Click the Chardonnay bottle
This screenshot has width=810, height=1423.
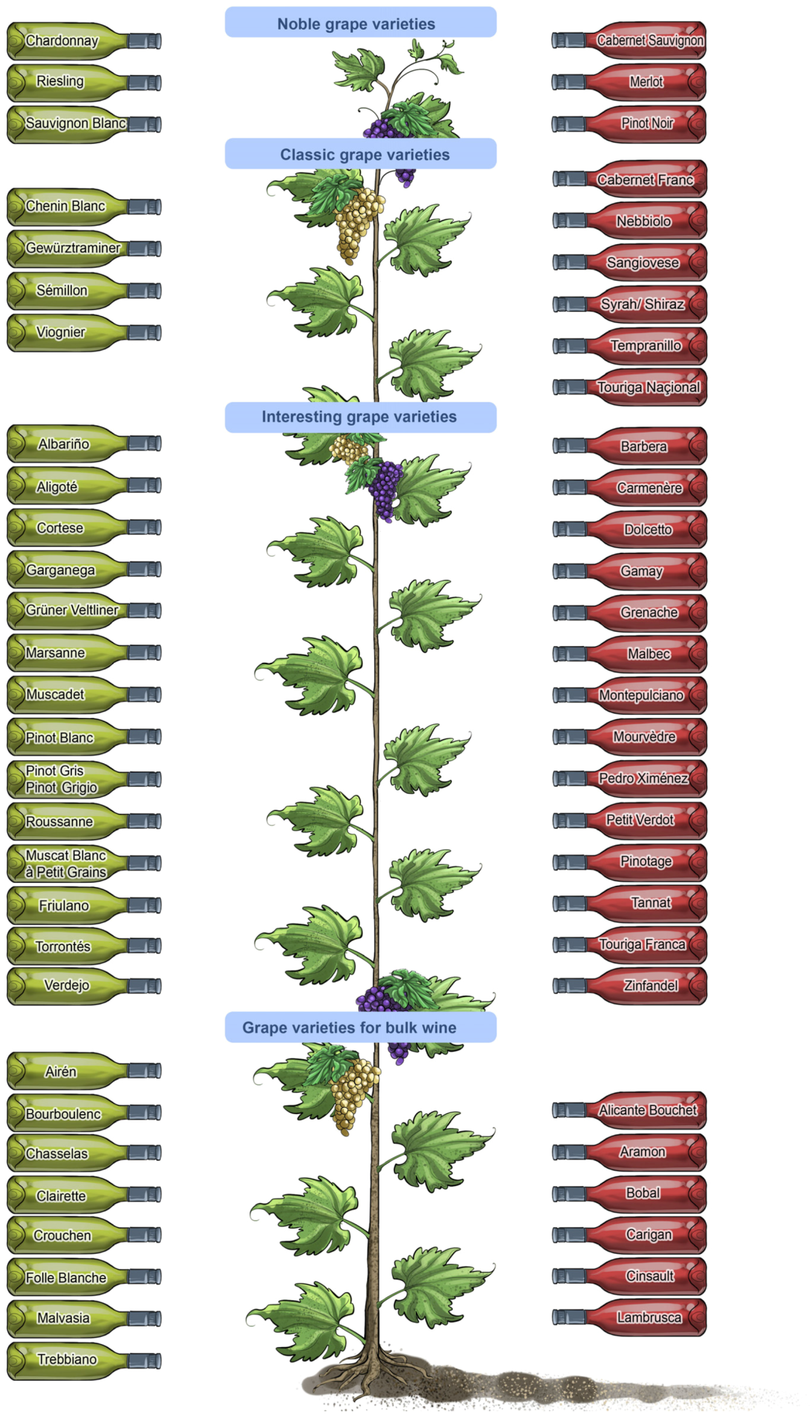point(84,41)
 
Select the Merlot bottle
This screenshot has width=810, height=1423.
point(629,82)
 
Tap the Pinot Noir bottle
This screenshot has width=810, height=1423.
point(629,124)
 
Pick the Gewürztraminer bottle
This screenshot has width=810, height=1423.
point(84,248)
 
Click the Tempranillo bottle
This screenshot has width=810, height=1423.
point(629,346)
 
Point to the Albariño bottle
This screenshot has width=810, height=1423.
point(84,444)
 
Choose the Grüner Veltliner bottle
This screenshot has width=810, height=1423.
point(84,611)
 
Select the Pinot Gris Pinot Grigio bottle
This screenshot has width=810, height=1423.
point(84,779)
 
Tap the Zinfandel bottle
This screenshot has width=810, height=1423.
point(629,986)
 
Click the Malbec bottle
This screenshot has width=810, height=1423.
point(629,654)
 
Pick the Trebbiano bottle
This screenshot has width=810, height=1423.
point(84,1361)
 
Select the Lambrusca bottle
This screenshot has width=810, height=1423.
point(629,1317)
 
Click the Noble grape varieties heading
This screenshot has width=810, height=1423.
point(361,22)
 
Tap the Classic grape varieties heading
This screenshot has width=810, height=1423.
point(361,153)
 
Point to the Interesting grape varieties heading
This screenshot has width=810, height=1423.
point(361,418)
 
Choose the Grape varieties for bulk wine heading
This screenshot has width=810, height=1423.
point(361,1027)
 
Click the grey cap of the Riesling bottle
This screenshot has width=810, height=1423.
point(144,82)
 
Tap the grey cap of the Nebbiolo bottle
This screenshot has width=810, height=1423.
point(570,221)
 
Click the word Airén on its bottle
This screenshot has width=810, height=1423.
point(60,1071)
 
